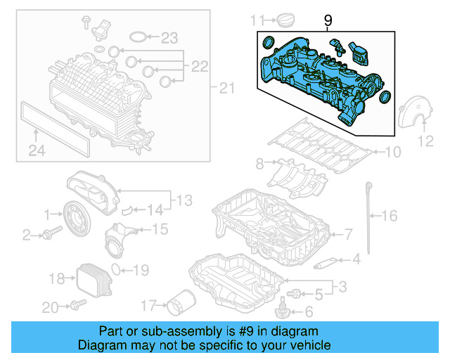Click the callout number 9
point(328,22)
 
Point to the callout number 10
point(392,151)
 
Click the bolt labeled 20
point(76,305)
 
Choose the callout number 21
point(225,88)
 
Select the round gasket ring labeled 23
point(140,37)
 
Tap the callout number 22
point(199,67)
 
